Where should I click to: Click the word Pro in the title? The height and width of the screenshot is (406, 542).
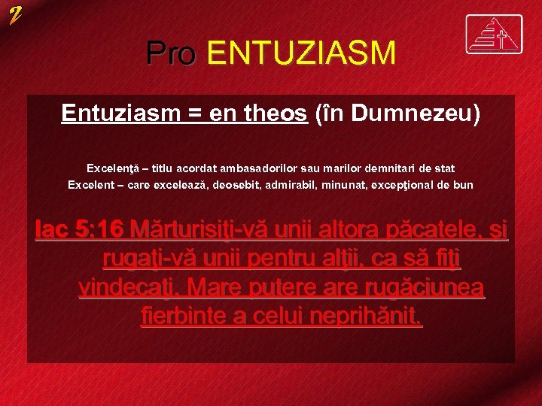171,53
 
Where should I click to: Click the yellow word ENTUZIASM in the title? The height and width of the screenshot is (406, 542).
300,53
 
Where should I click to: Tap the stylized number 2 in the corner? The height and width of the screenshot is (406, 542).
16,14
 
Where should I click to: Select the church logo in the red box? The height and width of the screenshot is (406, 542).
494,35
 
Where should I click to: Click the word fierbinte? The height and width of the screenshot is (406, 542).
184,316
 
